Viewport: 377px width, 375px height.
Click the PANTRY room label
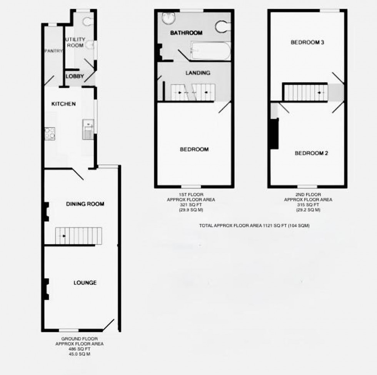pyautogui.click(x=53, y=51)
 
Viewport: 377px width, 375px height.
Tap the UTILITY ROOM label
pyautogui.click(x=75, y=42)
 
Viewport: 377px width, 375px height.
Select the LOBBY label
pyautogui.click(x=74, y=76)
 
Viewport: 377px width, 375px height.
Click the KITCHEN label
pyautogui.click(x=63, y=104)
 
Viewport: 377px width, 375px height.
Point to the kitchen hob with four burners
pyautogui.click(x=50, y=133)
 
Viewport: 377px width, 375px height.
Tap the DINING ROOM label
pyautogui.click(x=85, y=204)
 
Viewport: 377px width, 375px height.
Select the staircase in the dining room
pyautogui.click(x=78, y=236)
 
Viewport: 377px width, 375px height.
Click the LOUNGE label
pyautogui.click(x=85, y=283)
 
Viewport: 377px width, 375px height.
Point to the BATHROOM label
pyautogui.click(x=187, y=33)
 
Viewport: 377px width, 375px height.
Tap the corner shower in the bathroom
pyautogui.click(x=168, y=19)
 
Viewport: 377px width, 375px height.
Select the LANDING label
pyautogui.click(x=198, y=73)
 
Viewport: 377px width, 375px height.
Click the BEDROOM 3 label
pyautogui.click(x=307, y=42)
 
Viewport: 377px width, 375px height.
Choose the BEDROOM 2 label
pyautogui.click(x=311, y=153)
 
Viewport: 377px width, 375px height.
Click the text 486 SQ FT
pyautogui.click(x=79, y=349)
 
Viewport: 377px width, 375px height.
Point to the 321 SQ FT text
pyautogui.click(x=191, y=205)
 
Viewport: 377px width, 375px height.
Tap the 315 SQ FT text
pyautogui.click(x=308, y=205)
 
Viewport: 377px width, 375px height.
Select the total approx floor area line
pyautogui.click(x=254, y=226)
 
